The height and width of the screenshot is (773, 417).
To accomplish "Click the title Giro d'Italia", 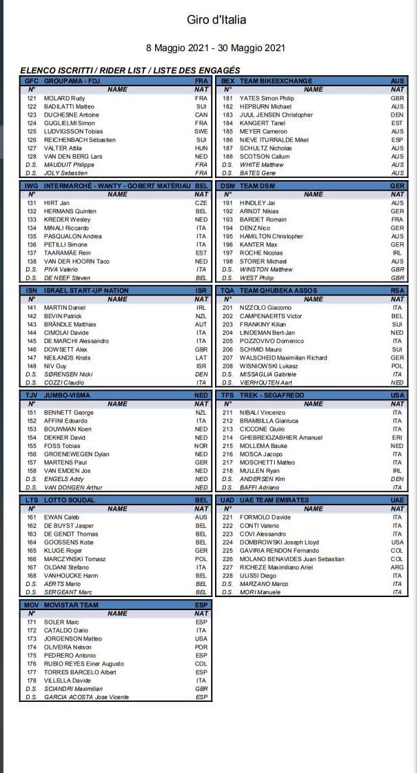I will (x=216, y=20).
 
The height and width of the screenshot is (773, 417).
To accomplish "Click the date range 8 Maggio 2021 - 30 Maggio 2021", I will (x=215, y=48).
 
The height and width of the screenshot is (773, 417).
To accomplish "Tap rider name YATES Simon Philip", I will (x=267, y=98).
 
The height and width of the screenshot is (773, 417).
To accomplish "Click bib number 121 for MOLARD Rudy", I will (x=32, y=98).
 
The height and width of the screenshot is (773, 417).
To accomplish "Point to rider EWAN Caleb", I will (x=59, y=517).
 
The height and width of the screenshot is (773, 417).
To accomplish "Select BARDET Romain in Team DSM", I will (x=263, y=219).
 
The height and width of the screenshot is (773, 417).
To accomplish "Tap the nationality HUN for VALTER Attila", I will (x=201, y=148).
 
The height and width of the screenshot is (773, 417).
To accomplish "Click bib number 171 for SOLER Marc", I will (x=32, y=622).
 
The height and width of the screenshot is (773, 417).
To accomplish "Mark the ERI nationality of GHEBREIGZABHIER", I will (x=397, y=438).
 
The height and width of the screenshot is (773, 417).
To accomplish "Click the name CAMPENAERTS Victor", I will (x=271, y=316).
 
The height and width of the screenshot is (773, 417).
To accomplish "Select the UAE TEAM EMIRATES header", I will (x=274, y=500).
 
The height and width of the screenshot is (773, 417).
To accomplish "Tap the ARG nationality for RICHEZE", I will (x=397, y=567).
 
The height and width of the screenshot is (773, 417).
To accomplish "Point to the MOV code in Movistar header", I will (x=31, y=605).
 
